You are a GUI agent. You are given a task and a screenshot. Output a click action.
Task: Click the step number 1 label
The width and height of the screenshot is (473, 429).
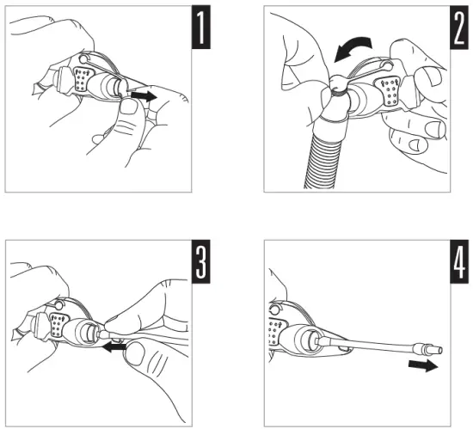(201, 28)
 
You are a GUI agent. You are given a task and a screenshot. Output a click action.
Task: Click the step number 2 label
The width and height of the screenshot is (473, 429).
(459, 28)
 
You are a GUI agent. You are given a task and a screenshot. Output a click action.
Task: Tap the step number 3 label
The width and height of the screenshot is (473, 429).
(201, 261)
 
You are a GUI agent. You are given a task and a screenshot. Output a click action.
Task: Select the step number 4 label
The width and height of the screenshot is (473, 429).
(459, 261)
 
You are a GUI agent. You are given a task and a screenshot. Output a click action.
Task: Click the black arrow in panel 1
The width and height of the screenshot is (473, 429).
(144, 96)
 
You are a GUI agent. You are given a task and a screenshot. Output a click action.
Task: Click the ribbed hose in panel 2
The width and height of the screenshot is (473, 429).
(322, 160)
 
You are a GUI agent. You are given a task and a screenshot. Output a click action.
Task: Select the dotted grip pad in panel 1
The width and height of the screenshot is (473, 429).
(83, 79)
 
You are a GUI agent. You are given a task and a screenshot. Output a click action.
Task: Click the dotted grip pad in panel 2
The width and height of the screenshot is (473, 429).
(390, 91)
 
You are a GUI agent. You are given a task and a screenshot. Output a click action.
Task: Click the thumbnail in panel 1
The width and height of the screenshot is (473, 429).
(129, 107)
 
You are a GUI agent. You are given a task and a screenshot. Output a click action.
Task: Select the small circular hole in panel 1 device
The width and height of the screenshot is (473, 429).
(83, 58)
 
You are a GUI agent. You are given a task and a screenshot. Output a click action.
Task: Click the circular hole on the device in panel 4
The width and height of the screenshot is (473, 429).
(274, 309)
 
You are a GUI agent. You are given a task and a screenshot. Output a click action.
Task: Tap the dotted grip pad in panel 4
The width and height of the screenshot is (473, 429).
(275, 332)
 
